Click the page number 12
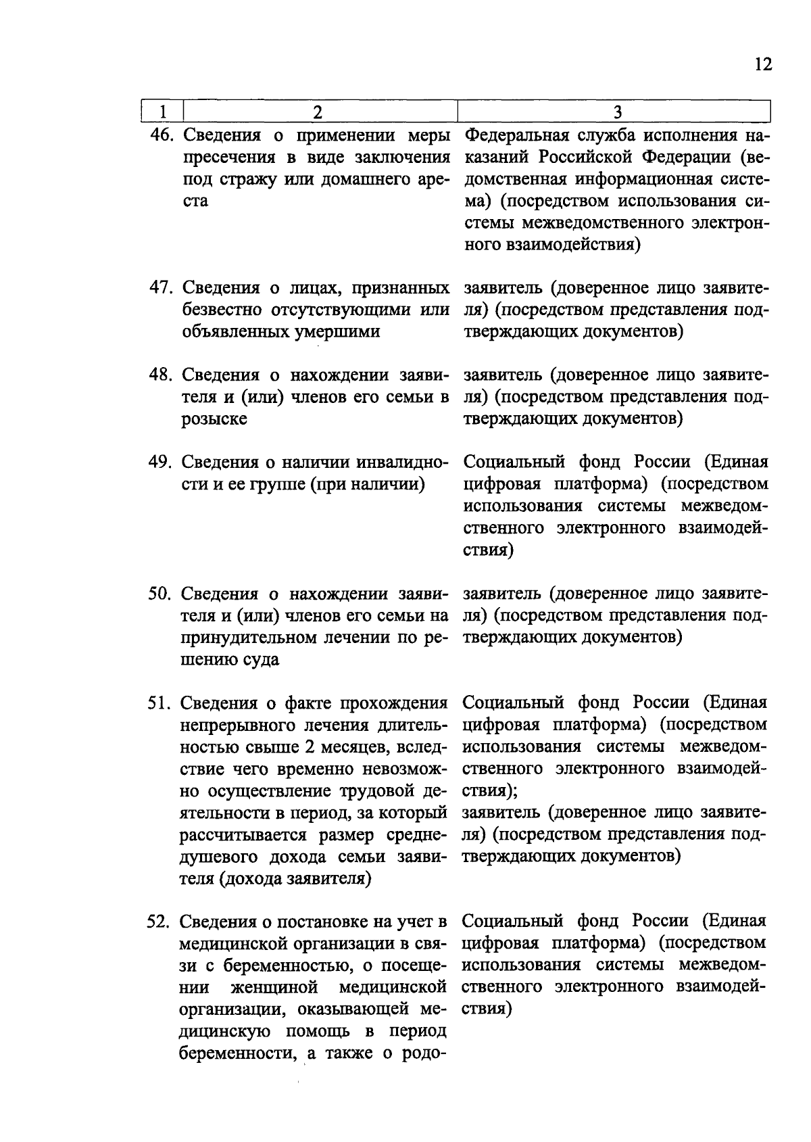pyautogui.click(x=762, y=64)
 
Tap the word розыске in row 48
pyautogui.click(x=214, y=419)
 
